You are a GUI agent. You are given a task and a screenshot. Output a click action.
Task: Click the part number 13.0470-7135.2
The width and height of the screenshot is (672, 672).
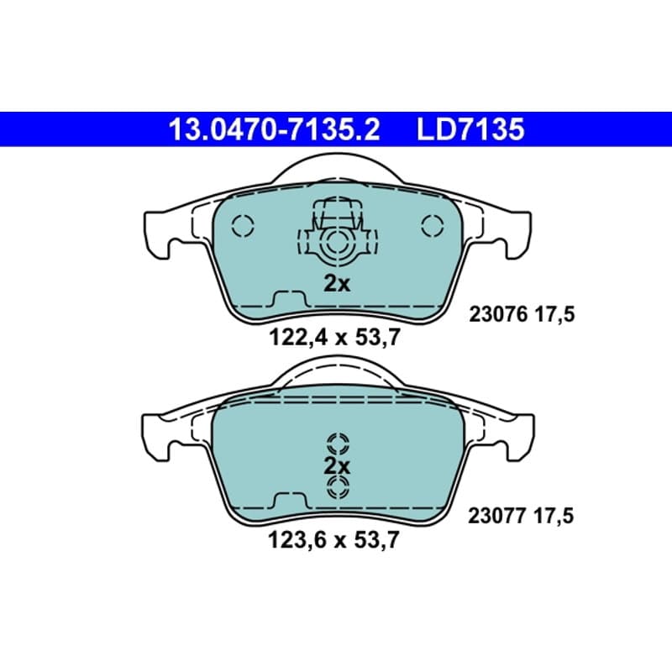(275, 129)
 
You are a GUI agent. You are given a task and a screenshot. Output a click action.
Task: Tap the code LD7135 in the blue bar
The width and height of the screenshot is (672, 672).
(470, 129)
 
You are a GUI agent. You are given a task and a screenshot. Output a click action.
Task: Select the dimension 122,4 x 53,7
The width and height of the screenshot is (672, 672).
(334, 338)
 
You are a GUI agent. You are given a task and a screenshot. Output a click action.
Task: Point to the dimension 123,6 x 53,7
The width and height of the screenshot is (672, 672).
(333, 539)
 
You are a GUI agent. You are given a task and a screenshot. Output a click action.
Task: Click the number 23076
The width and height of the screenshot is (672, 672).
(498, 315)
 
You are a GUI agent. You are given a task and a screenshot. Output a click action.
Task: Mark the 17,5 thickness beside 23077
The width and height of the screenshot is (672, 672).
(554, 517)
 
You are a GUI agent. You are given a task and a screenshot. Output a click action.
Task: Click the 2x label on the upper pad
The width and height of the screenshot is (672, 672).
(337, 283)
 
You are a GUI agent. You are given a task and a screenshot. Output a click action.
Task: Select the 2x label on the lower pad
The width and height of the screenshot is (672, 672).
(337, 466)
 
